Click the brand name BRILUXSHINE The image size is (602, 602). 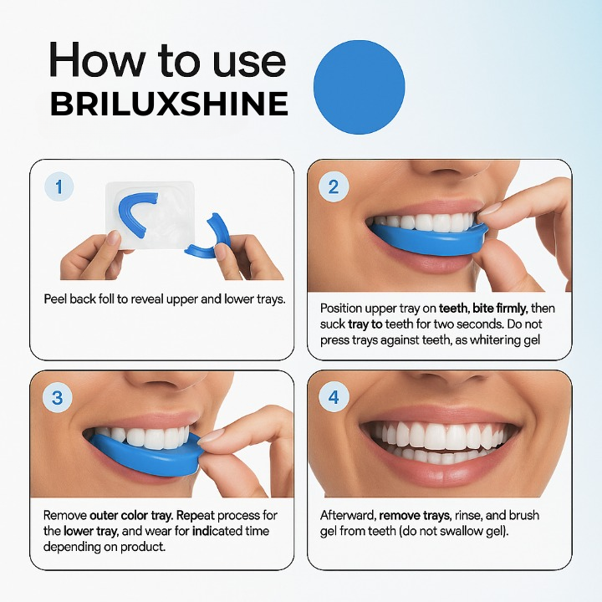(169, 105)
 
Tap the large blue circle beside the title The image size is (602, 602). (359, 87)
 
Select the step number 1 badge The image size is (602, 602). (59, 186)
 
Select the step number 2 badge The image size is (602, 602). (334, 186)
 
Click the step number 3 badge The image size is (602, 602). (58, 397)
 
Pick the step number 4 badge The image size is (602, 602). (334, 397)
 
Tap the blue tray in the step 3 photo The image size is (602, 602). (150, 451)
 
